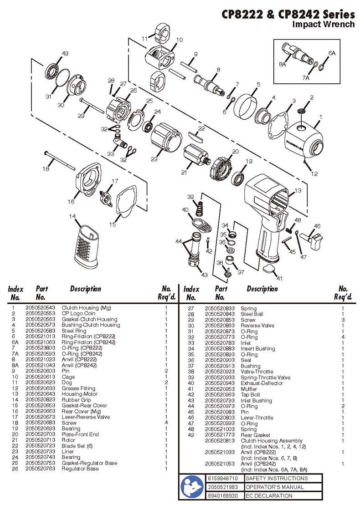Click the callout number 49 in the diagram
[65, 53]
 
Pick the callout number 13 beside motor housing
[298, 191]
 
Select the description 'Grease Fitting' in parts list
[78, 388]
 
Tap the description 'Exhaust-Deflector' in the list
[262, 383]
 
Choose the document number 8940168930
[223, 495]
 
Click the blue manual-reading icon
[192, 487]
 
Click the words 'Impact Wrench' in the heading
[323, 24]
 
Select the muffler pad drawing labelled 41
[268, 269]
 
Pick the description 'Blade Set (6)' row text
[77, 446]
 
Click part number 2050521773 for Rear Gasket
[220, 435]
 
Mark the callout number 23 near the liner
[154, 159]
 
